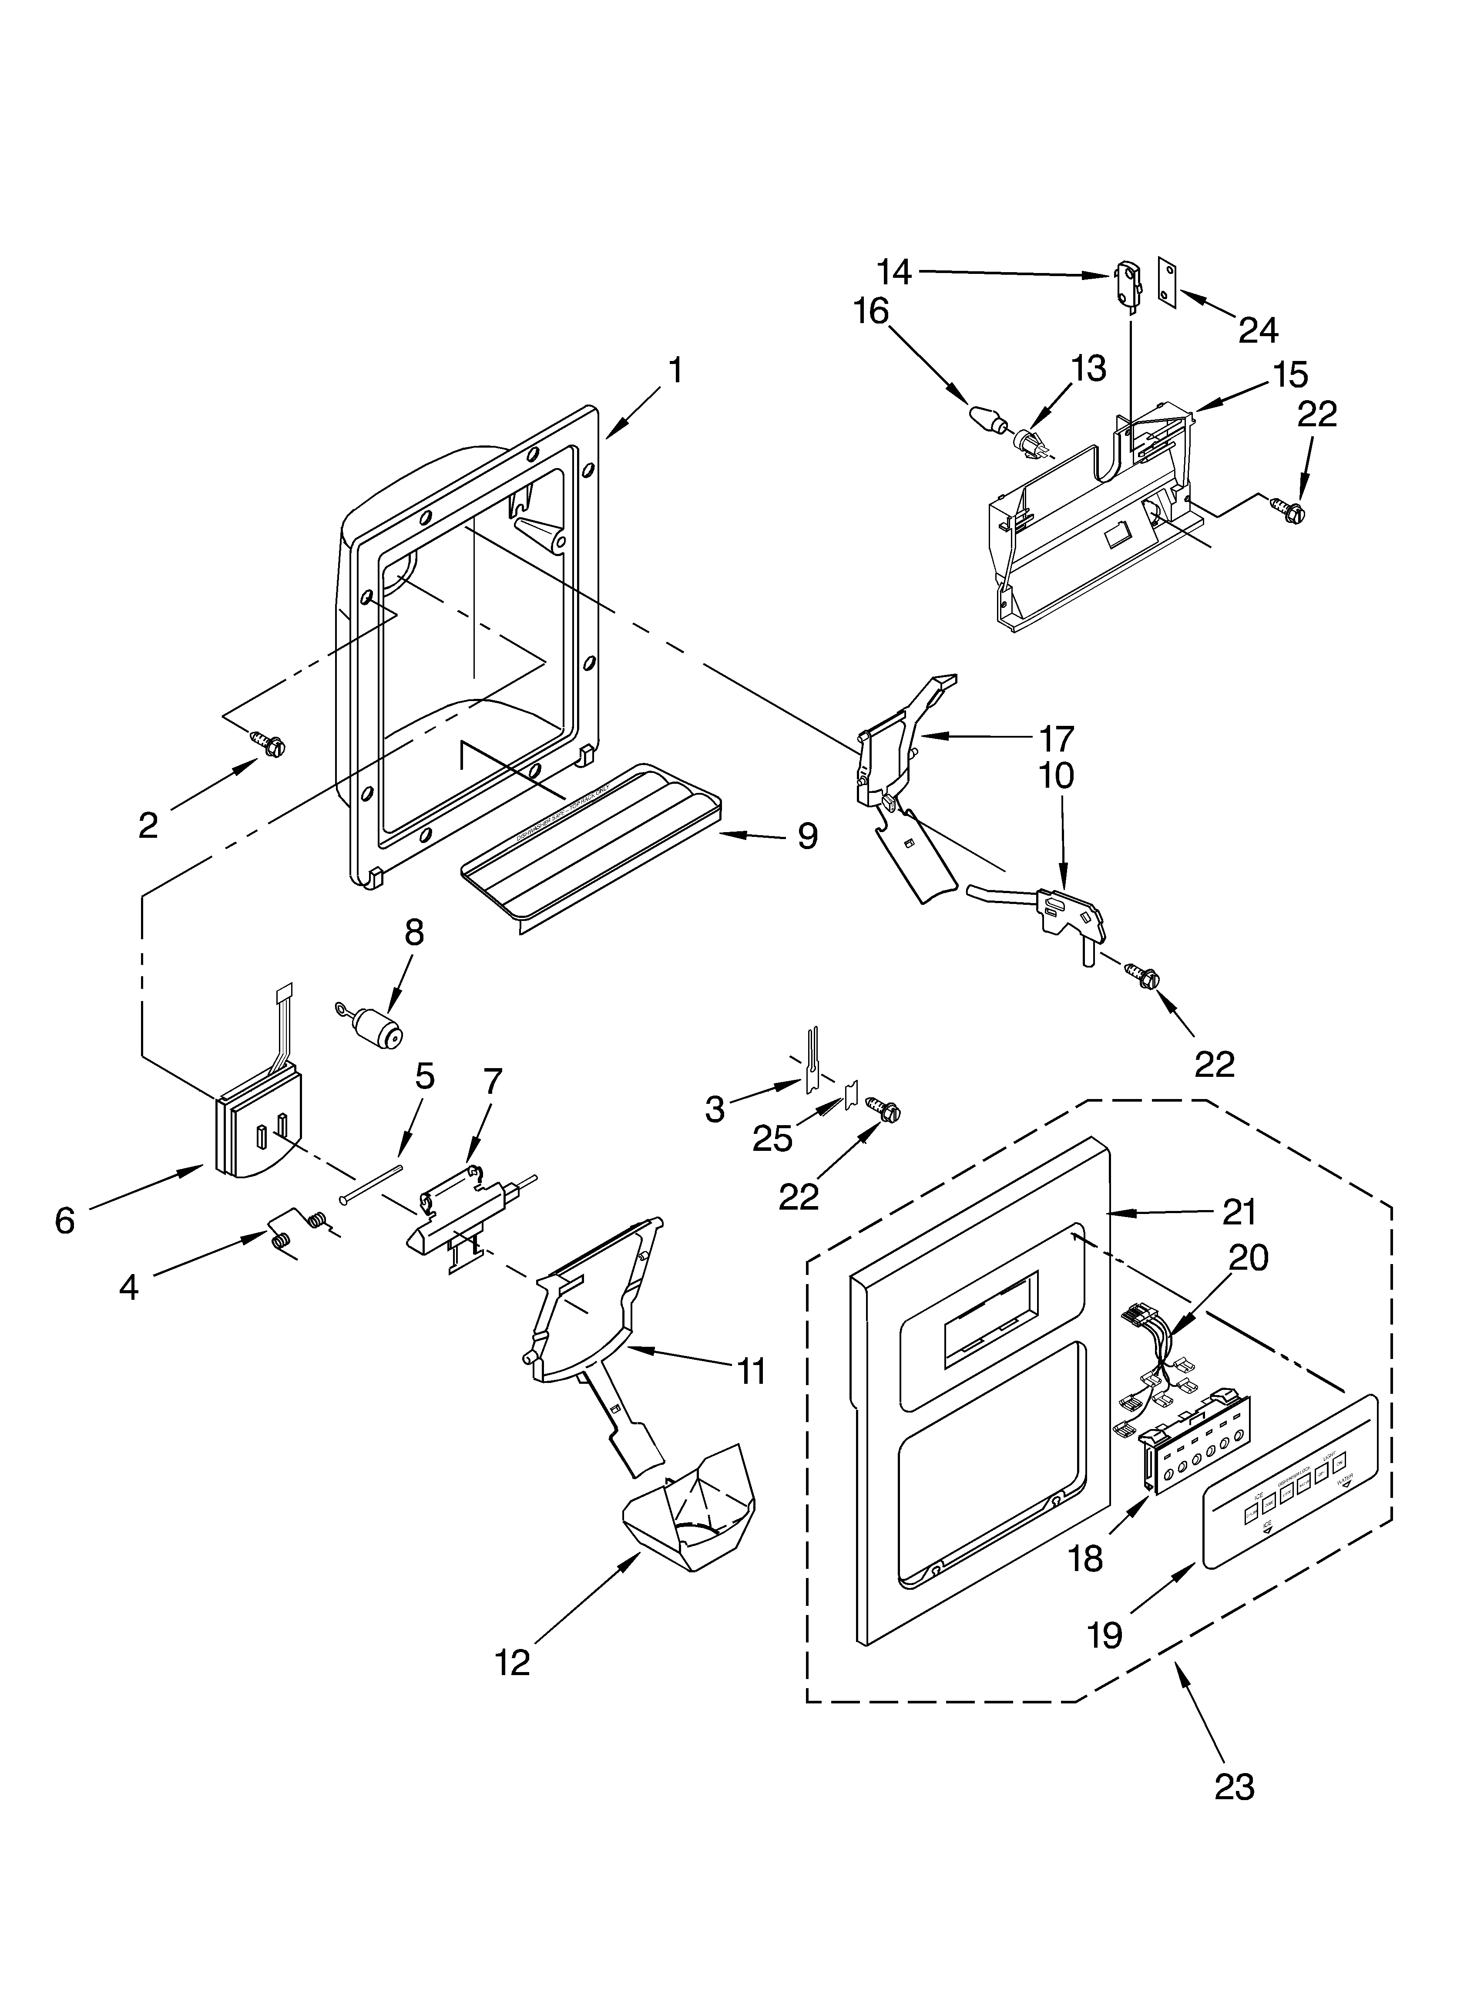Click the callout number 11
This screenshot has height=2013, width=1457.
click(751, 1371)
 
